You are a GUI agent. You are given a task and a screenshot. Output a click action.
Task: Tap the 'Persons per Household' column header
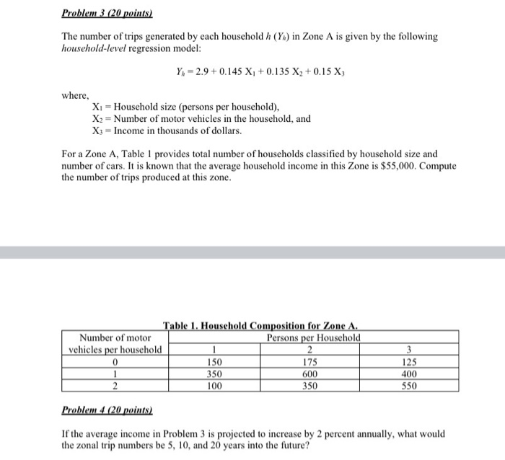tap(314, 337)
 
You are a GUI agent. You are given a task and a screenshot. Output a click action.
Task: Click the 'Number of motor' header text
tap(115, 337)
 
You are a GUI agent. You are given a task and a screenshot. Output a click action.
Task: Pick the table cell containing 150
tap(214, 362)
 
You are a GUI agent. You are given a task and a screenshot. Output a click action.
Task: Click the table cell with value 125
tap(410, 362)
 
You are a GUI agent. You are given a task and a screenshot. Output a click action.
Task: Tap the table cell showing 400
tap(410, 374)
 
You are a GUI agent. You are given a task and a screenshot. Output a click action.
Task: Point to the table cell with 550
tap(410, 386)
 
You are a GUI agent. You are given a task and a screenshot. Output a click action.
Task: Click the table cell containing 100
tap(214, 386)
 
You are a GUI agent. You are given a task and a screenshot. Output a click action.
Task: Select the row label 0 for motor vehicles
tap(115, 362)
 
